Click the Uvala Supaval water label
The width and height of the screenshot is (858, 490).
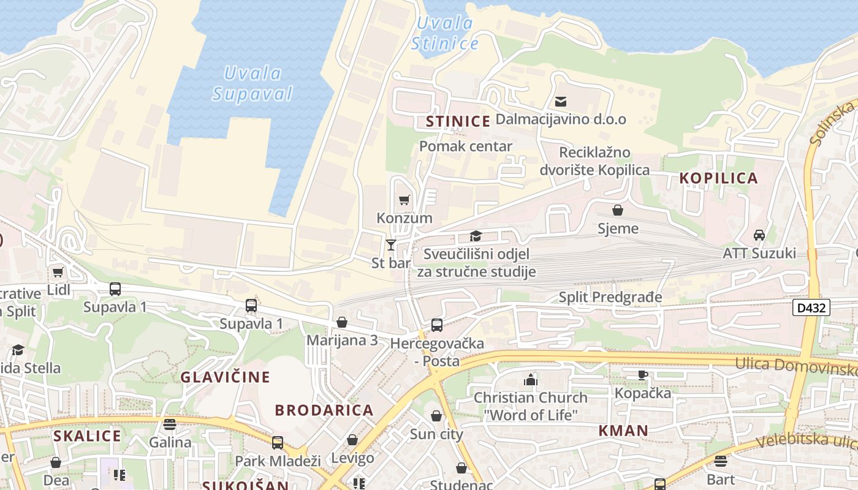252,83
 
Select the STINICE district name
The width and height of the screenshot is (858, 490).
458,121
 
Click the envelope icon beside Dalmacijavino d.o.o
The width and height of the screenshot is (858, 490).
560,102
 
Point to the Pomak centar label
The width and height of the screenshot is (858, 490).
466,146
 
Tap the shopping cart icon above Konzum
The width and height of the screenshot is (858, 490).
404,200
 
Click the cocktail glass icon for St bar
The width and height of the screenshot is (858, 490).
391,245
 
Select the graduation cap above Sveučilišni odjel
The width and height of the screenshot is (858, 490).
476,236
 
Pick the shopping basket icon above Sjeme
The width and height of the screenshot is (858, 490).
618,211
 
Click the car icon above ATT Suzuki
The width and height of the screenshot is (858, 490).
759,235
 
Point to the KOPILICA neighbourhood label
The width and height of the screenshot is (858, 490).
719,178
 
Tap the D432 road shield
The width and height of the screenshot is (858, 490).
811,307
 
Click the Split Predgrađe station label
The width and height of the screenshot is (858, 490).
610,298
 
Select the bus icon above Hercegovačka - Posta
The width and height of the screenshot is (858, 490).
437,325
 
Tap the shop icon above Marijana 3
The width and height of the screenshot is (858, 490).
342,322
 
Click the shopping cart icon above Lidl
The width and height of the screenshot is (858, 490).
58,272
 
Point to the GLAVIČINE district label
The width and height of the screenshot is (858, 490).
225,377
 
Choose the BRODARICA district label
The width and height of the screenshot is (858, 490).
324,410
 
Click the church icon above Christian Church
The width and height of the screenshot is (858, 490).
530,380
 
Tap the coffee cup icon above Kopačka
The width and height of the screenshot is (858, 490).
642,375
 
